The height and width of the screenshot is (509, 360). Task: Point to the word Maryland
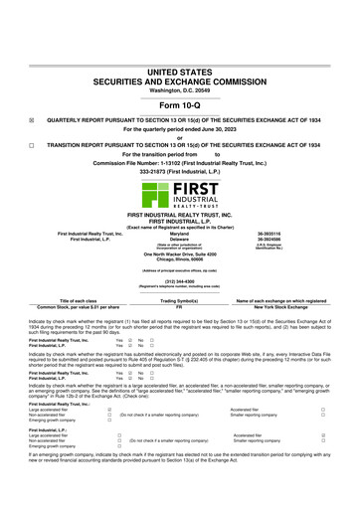coord(180,235)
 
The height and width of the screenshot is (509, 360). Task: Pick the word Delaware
coord(180,241)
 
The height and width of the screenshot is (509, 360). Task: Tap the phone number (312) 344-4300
coord(180,280)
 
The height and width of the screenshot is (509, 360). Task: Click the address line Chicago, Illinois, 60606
coord(180,259)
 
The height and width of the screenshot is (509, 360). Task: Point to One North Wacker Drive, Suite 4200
coord(180,254)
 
